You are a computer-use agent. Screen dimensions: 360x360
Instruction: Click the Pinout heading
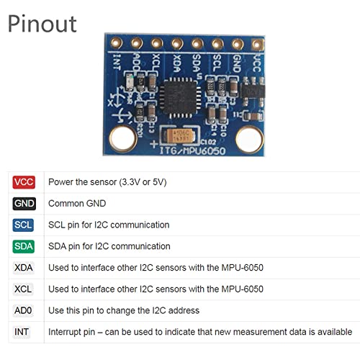tap(42, 24)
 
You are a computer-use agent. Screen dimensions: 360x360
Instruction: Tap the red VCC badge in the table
tap(24, 182)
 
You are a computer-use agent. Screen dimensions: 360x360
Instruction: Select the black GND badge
tap(24, 204)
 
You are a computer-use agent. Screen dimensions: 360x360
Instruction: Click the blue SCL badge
tap(23, 225)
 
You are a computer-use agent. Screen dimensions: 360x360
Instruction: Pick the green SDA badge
tap(23, 246)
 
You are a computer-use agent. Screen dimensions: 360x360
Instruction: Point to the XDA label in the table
tap(23, 268)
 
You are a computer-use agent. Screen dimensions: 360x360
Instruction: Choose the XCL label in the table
tap(23, 289)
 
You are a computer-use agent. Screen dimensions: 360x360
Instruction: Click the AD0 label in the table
tap(23, 310)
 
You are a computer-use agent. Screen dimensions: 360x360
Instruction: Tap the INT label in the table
tap(22, 332)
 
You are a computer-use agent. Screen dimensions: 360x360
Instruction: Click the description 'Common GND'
tap(77, 204)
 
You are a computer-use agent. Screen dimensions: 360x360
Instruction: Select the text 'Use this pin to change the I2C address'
tap(124, 310)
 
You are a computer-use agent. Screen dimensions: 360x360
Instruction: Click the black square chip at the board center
tap(180, 98)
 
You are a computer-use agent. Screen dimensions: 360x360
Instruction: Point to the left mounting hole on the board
tap(123, 139)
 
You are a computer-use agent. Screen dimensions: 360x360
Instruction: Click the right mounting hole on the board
tap(249, 140)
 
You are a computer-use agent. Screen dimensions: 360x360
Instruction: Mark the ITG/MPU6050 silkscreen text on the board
tap(193, 150)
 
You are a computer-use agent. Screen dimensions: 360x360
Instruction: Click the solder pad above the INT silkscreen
tap(117, 43)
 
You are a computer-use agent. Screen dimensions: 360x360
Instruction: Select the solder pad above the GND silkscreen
tap(238, 45)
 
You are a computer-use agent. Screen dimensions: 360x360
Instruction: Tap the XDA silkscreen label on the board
tap(176, 63)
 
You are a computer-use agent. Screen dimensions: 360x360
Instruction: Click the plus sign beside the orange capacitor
tap(154, 144)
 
